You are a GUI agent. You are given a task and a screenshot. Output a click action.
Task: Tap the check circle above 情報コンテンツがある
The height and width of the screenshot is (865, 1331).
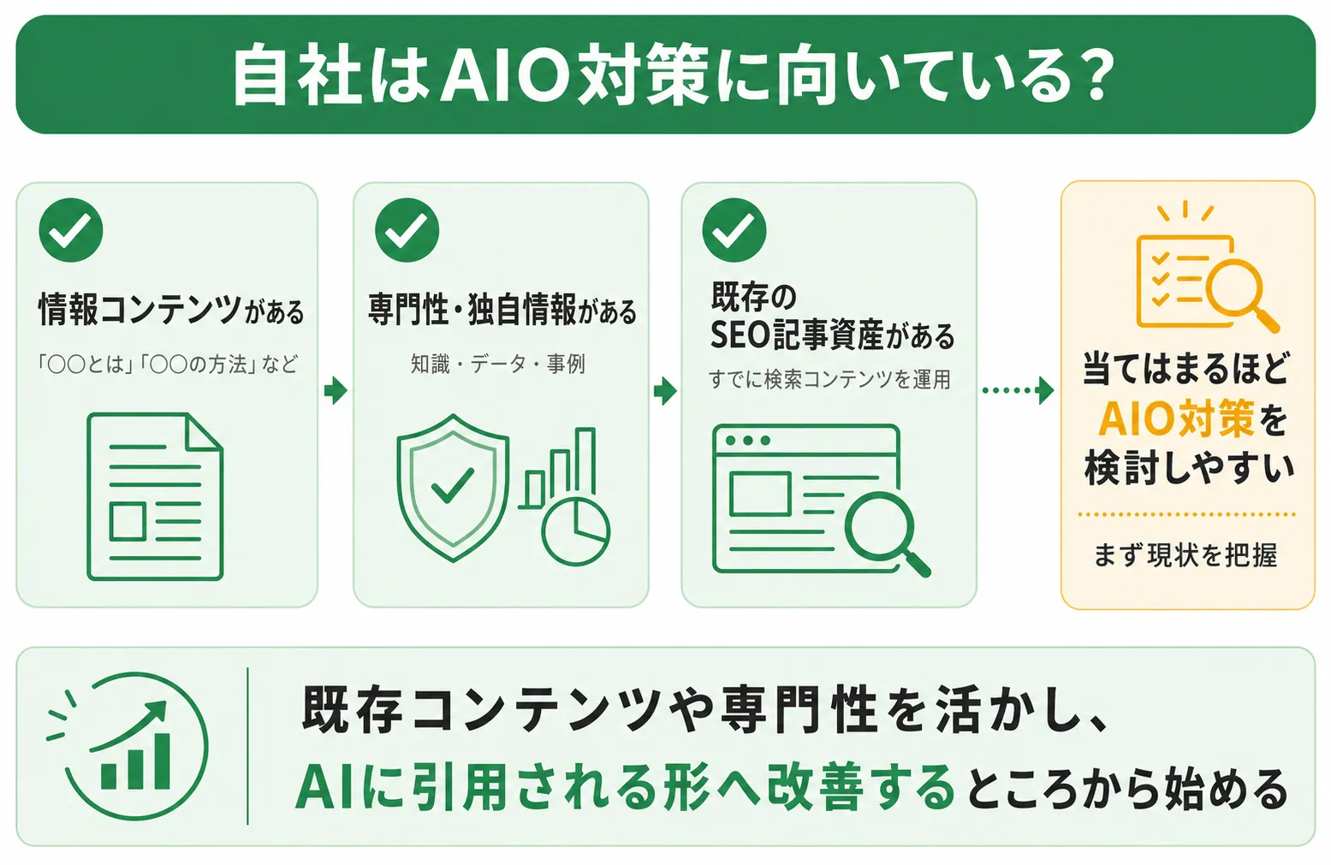[71, 230]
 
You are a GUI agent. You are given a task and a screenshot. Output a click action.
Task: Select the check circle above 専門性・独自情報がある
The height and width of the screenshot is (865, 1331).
[407, 230]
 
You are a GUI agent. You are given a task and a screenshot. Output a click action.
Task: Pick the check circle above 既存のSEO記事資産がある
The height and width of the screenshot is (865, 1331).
[734, 230]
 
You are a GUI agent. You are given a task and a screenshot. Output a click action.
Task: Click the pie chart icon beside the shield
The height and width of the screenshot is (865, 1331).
[575, 531]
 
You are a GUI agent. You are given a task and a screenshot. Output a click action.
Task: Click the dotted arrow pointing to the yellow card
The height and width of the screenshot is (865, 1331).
[1018, 390]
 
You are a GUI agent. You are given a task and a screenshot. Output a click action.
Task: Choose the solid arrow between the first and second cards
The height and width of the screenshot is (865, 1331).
[336, 390]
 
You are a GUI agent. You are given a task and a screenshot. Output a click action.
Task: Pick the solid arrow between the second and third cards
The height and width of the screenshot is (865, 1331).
[665, 390]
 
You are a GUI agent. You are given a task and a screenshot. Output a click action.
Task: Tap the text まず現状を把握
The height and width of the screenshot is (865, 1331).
[1185, 555]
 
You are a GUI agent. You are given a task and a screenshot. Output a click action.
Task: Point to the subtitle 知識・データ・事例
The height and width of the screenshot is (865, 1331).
[498, 364]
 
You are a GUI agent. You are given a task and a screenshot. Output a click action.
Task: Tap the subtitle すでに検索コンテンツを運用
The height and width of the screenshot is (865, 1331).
[829, 379]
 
